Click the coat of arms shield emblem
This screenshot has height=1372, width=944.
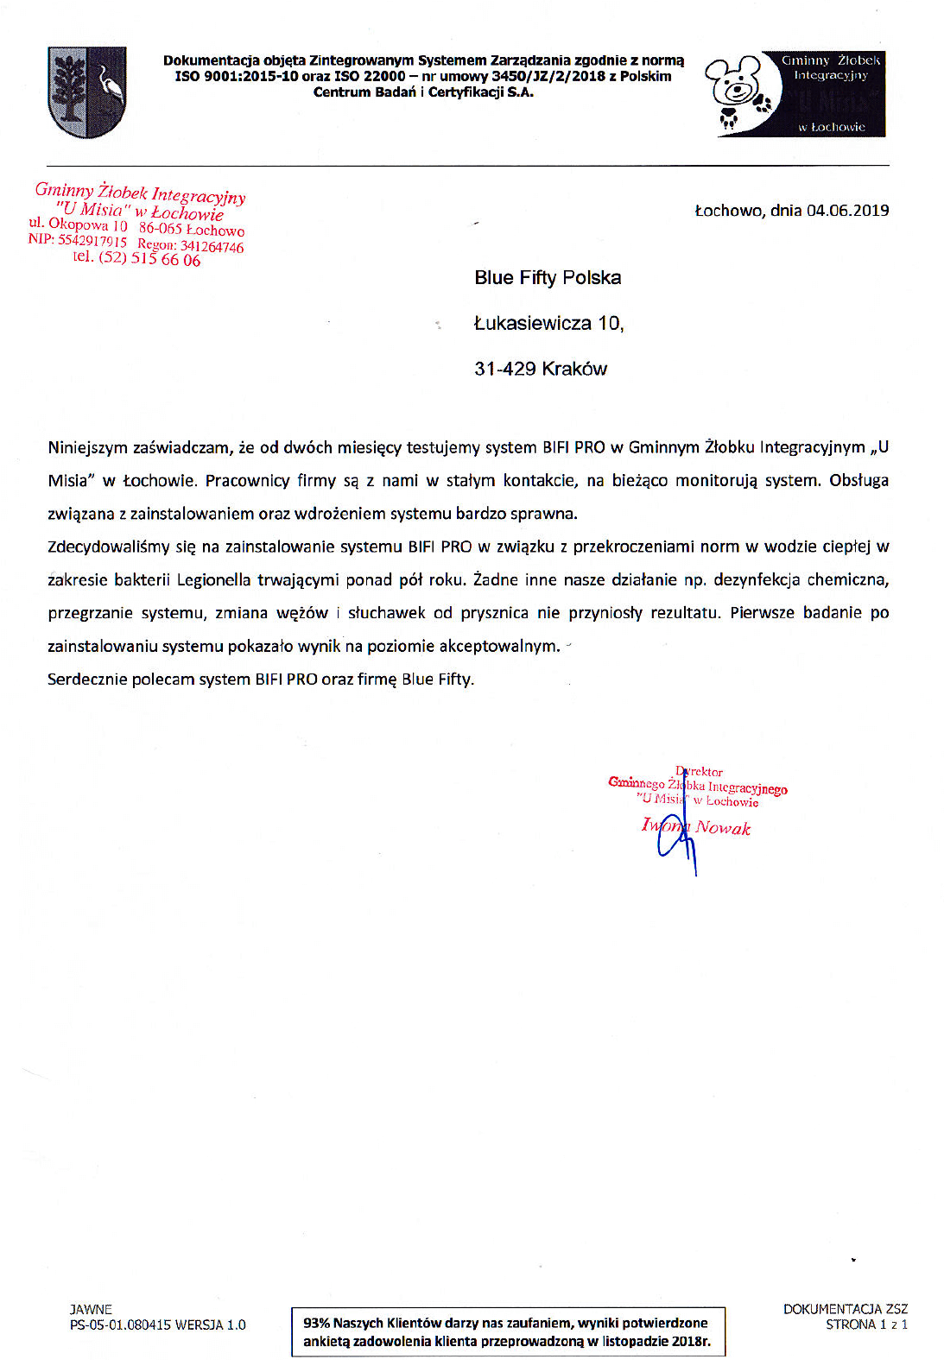[x=87, y=92]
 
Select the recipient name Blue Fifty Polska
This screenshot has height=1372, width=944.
[x=548, y=278]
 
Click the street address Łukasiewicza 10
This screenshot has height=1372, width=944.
[x=548, y=324]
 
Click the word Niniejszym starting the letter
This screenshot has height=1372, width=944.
[x=88, y=448]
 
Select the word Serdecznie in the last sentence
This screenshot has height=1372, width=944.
[x=87, y=680]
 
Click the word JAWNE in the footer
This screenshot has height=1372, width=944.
[x=91, y=1310]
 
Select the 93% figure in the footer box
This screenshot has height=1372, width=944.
[x=316, y=1323]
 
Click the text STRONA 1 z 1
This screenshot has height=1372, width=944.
[x=866, y=1325]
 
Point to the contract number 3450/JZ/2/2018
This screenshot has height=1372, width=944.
[x=548, y=77]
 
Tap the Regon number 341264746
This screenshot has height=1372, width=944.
[x=212, y=247]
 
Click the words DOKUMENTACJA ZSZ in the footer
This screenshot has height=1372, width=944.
[x=845, y=1309]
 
